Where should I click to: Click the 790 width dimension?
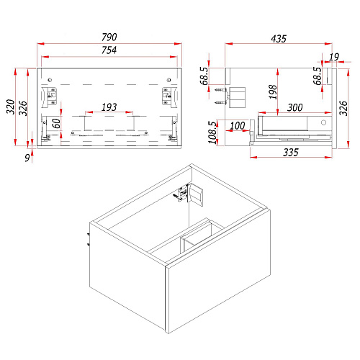(x=109, y=37)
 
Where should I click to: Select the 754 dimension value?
(x=109, y=50)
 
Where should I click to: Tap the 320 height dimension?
(x=11, y=107)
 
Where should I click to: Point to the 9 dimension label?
(x=27, y=158)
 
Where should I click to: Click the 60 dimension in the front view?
(x=56, y=123)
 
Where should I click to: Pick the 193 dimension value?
(x=109, y=107)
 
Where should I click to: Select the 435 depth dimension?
(x=279, y=39)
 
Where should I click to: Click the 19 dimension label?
(x=334, y=57)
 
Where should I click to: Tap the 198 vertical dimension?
(x=273, y=92)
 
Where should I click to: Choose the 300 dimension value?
(x=295, y=107)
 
